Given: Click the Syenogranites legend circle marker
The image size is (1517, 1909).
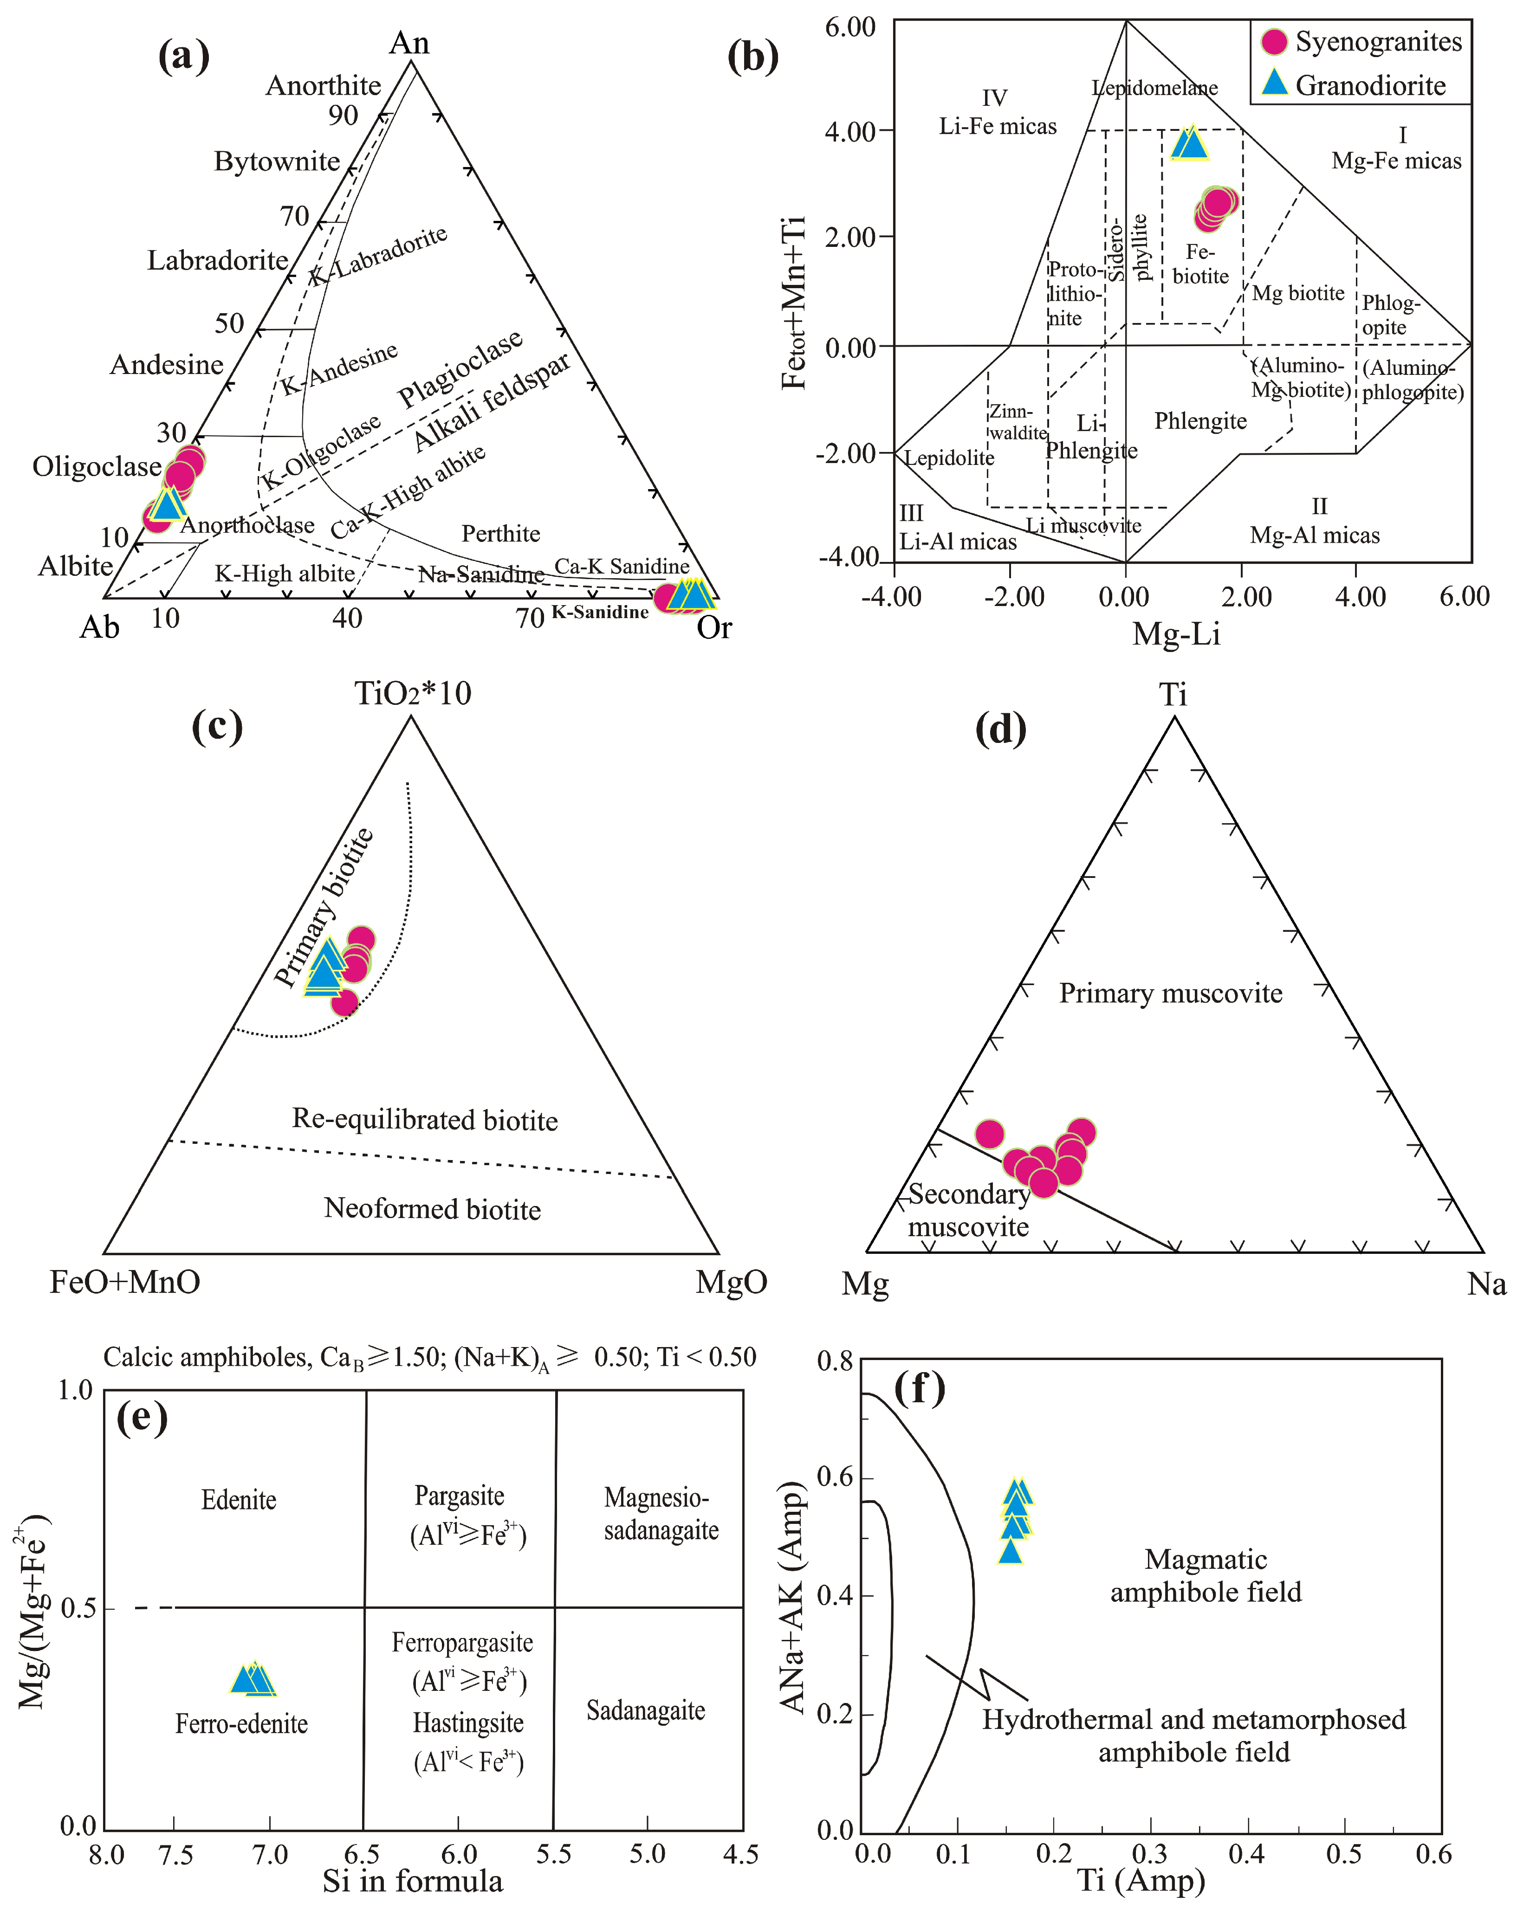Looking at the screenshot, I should coord(1273,42).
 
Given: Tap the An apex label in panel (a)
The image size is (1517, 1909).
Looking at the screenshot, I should coord(409,43).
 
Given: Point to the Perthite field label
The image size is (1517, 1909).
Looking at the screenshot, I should coord(500,533).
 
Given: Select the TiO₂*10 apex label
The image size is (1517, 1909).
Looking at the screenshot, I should coord(413,693).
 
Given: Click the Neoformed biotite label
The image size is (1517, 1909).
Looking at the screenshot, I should coord(432,1209).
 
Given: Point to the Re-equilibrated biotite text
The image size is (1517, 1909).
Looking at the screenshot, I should coord(425,1120).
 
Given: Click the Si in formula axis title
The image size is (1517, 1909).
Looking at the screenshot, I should coord(413,1882).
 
